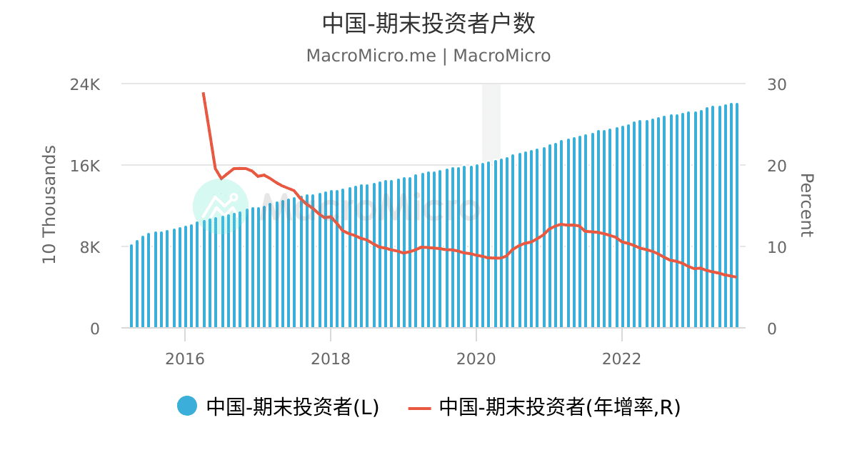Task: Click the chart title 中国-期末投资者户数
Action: coord(428,24)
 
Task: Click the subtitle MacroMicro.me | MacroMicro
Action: coord(428,56)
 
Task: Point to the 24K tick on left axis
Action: coord(86,84)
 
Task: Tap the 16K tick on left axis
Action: coord(86,166)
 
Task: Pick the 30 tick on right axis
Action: coord(776,84)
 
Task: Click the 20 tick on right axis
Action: coord(776,166)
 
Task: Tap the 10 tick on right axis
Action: coord(776,247)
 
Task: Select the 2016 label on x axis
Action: coord(185,359)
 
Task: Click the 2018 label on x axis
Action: coord(331,359)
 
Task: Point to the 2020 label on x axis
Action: coord(476,359)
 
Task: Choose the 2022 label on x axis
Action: coord(622,359)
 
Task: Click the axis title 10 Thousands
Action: coord(49,205)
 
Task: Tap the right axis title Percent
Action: coord(806,205)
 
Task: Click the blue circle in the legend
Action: coord(187,406)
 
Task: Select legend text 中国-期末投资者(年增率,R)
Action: coord(559,407)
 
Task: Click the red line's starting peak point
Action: coord(204,93)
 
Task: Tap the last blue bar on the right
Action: coord(736,214)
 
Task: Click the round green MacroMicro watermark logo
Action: coord(221,206)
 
